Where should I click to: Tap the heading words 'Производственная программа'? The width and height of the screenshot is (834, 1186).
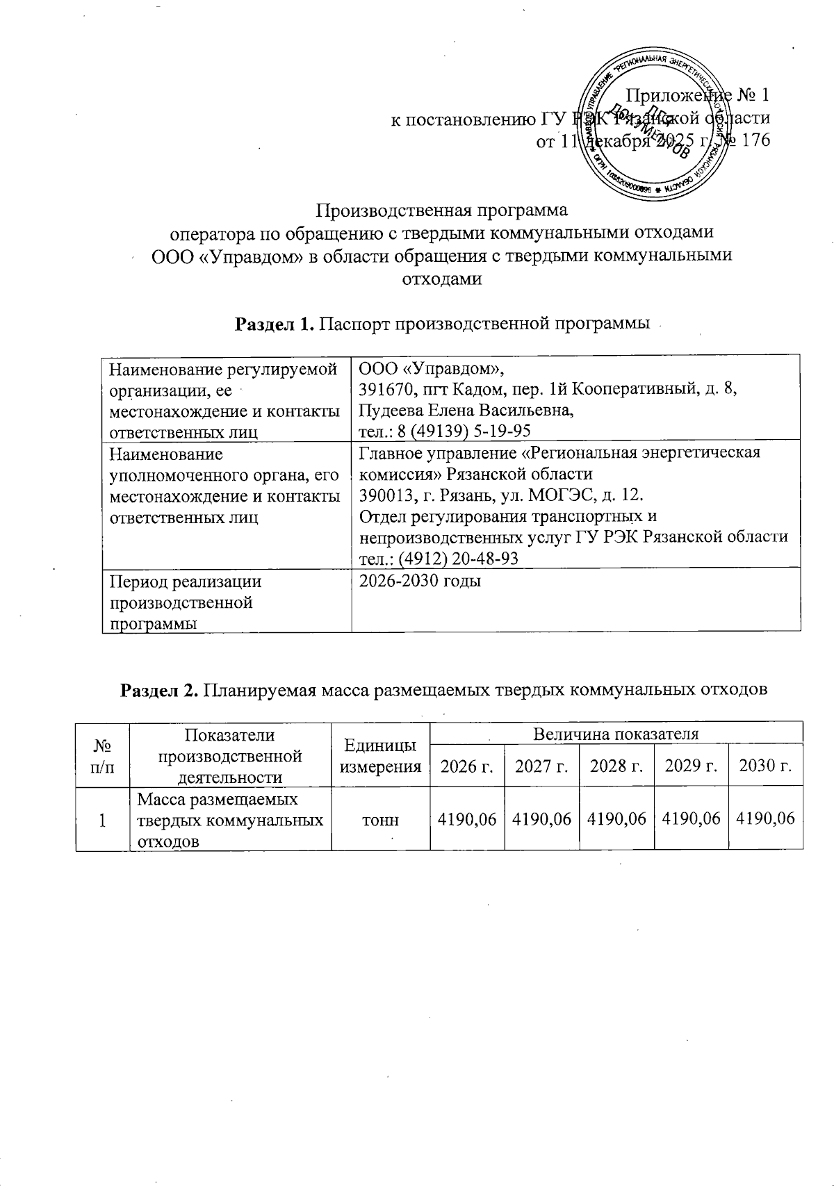443,209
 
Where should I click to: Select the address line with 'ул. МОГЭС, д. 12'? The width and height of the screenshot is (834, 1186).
500,496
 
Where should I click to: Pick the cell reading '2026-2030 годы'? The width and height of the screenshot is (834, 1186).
419,581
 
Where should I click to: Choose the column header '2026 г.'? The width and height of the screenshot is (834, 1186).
467,766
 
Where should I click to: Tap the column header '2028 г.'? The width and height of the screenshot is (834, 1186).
615,766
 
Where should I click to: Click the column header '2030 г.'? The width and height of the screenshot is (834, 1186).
765,766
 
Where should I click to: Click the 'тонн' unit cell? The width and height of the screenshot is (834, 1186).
380,820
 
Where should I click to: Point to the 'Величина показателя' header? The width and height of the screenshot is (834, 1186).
615,734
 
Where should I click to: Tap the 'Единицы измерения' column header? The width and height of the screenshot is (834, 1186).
380,756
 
